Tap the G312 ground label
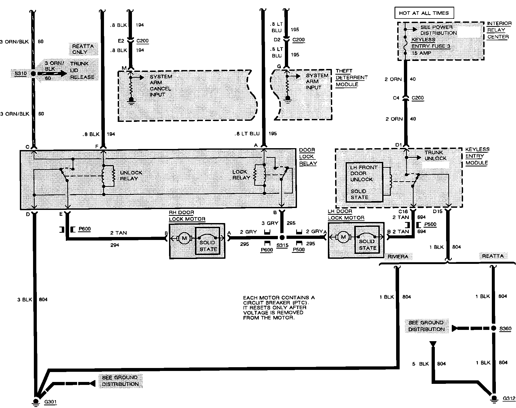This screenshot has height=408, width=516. pos(509,398)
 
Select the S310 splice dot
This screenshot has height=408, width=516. pos(33,74)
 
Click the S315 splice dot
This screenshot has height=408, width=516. pos(282,238)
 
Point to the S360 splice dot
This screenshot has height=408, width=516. pos(493,328)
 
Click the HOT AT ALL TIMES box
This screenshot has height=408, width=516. pos(424,13)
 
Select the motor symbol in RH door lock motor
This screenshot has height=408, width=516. pos(184,238)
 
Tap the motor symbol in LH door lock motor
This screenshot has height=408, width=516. pos(343,237)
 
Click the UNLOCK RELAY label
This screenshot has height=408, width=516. pos(131,176)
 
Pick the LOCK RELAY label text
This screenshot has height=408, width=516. pos(241,175)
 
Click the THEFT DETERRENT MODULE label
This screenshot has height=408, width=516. pos(351,78)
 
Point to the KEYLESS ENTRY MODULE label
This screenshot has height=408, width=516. pos(477,156)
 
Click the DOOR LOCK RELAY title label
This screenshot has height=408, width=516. pos(308,156)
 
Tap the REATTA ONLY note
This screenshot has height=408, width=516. pos(83,49)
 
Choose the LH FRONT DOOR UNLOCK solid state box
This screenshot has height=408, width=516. pos(364,182)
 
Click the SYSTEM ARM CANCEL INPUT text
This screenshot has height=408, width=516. pos(161,85)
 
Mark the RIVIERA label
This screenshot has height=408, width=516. pos(398,257)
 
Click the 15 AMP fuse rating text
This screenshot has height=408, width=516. pos(421,53)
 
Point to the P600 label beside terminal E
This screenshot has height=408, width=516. pos(84,229)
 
